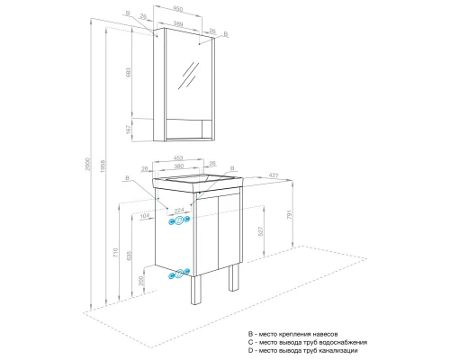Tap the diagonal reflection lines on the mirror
190,75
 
